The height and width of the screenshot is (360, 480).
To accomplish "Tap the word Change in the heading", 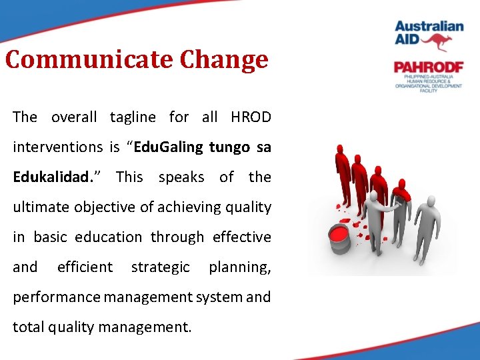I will tap(223, 60).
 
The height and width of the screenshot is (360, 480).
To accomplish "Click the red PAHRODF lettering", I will tap(428, 67).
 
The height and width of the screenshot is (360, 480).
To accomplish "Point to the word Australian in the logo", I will tap(429, 27).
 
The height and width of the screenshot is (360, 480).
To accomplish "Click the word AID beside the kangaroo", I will tap(409, 41).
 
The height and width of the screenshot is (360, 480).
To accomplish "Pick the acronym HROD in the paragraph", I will tap(251, 117).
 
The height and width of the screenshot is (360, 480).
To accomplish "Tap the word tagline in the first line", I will tap(133, 117).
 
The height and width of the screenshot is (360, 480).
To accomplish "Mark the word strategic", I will tap(161, 267).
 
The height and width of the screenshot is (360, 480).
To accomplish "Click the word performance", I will tap(55, 297).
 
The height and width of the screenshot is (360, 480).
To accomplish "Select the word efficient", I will tap(85, 267).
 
